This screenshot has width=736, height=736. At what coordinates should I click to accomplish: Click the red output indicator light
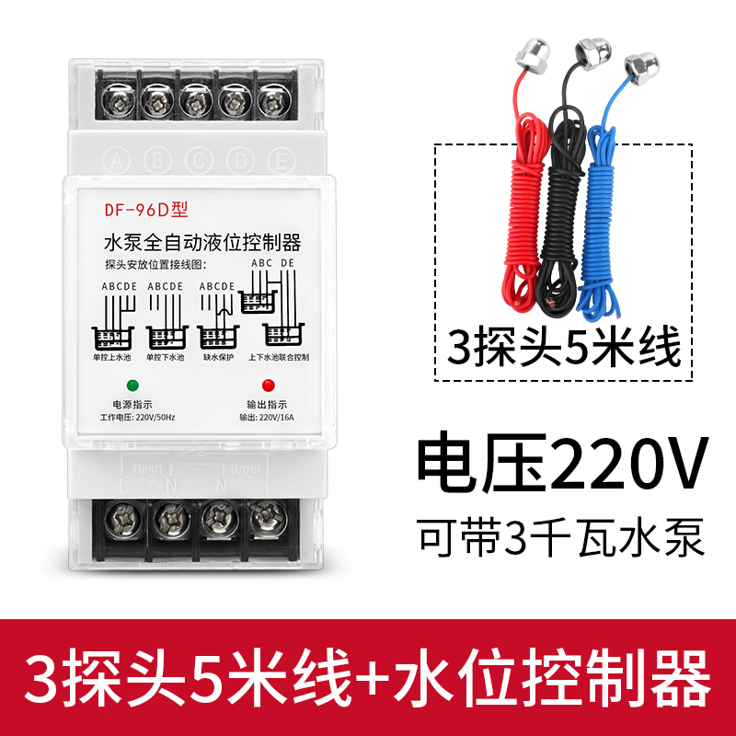[x=268, y=385]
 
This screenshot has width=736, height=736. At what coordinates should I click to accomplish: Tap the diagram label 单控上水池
[x=112, y=357]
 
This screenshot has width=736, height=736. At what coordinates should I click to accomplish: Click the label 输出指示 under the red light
[x=267, y=405]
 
